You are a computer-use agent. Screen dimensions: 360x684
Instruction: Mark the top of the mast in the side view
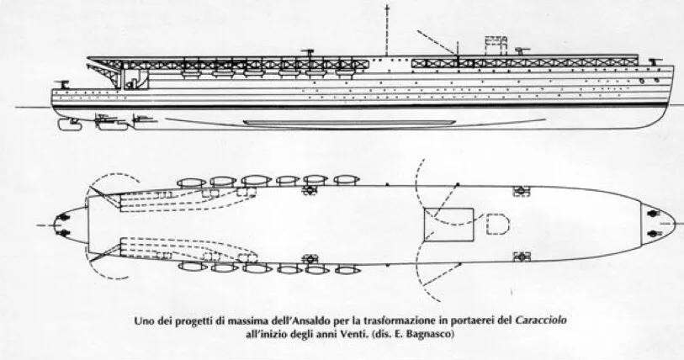[386, 7]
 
